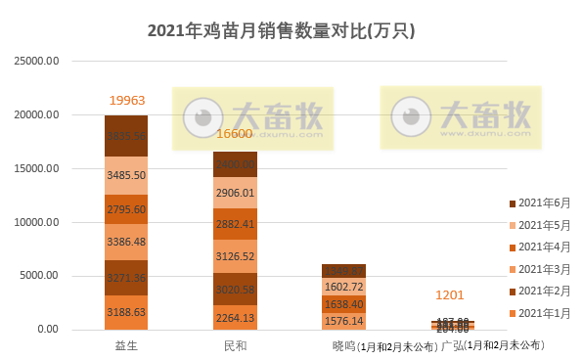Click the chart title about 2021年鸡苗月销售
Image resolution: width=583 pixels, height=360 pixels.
click(x=282, y=30)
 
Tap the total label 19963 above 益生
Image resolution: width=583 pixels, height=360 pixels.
click(x=126, y=100)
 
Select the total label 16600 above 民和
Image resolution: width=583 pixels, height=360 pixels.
click(x=235, y=134)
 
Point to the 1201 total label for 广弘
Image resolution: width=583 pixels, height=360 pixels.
click(x=450, y=294)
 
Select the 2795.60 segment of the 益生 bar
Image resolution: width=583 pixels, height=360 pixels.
click(x=126, y=208)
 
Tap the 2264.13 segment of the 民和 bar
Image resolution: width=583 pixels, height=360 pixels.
click(x=235, y=316)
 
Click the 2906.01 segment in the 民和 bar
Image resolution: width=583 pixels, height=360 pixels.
click(x=235, y=193)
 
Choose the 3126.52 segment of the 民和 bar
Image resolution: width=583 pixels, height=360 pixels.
click(x=235, y=257)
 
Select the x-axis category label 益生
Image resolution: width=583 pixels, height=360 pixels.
click(x=126, y=345)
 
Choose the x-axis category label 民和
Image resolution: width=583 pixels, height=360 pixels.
click(x=235, y=345)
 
